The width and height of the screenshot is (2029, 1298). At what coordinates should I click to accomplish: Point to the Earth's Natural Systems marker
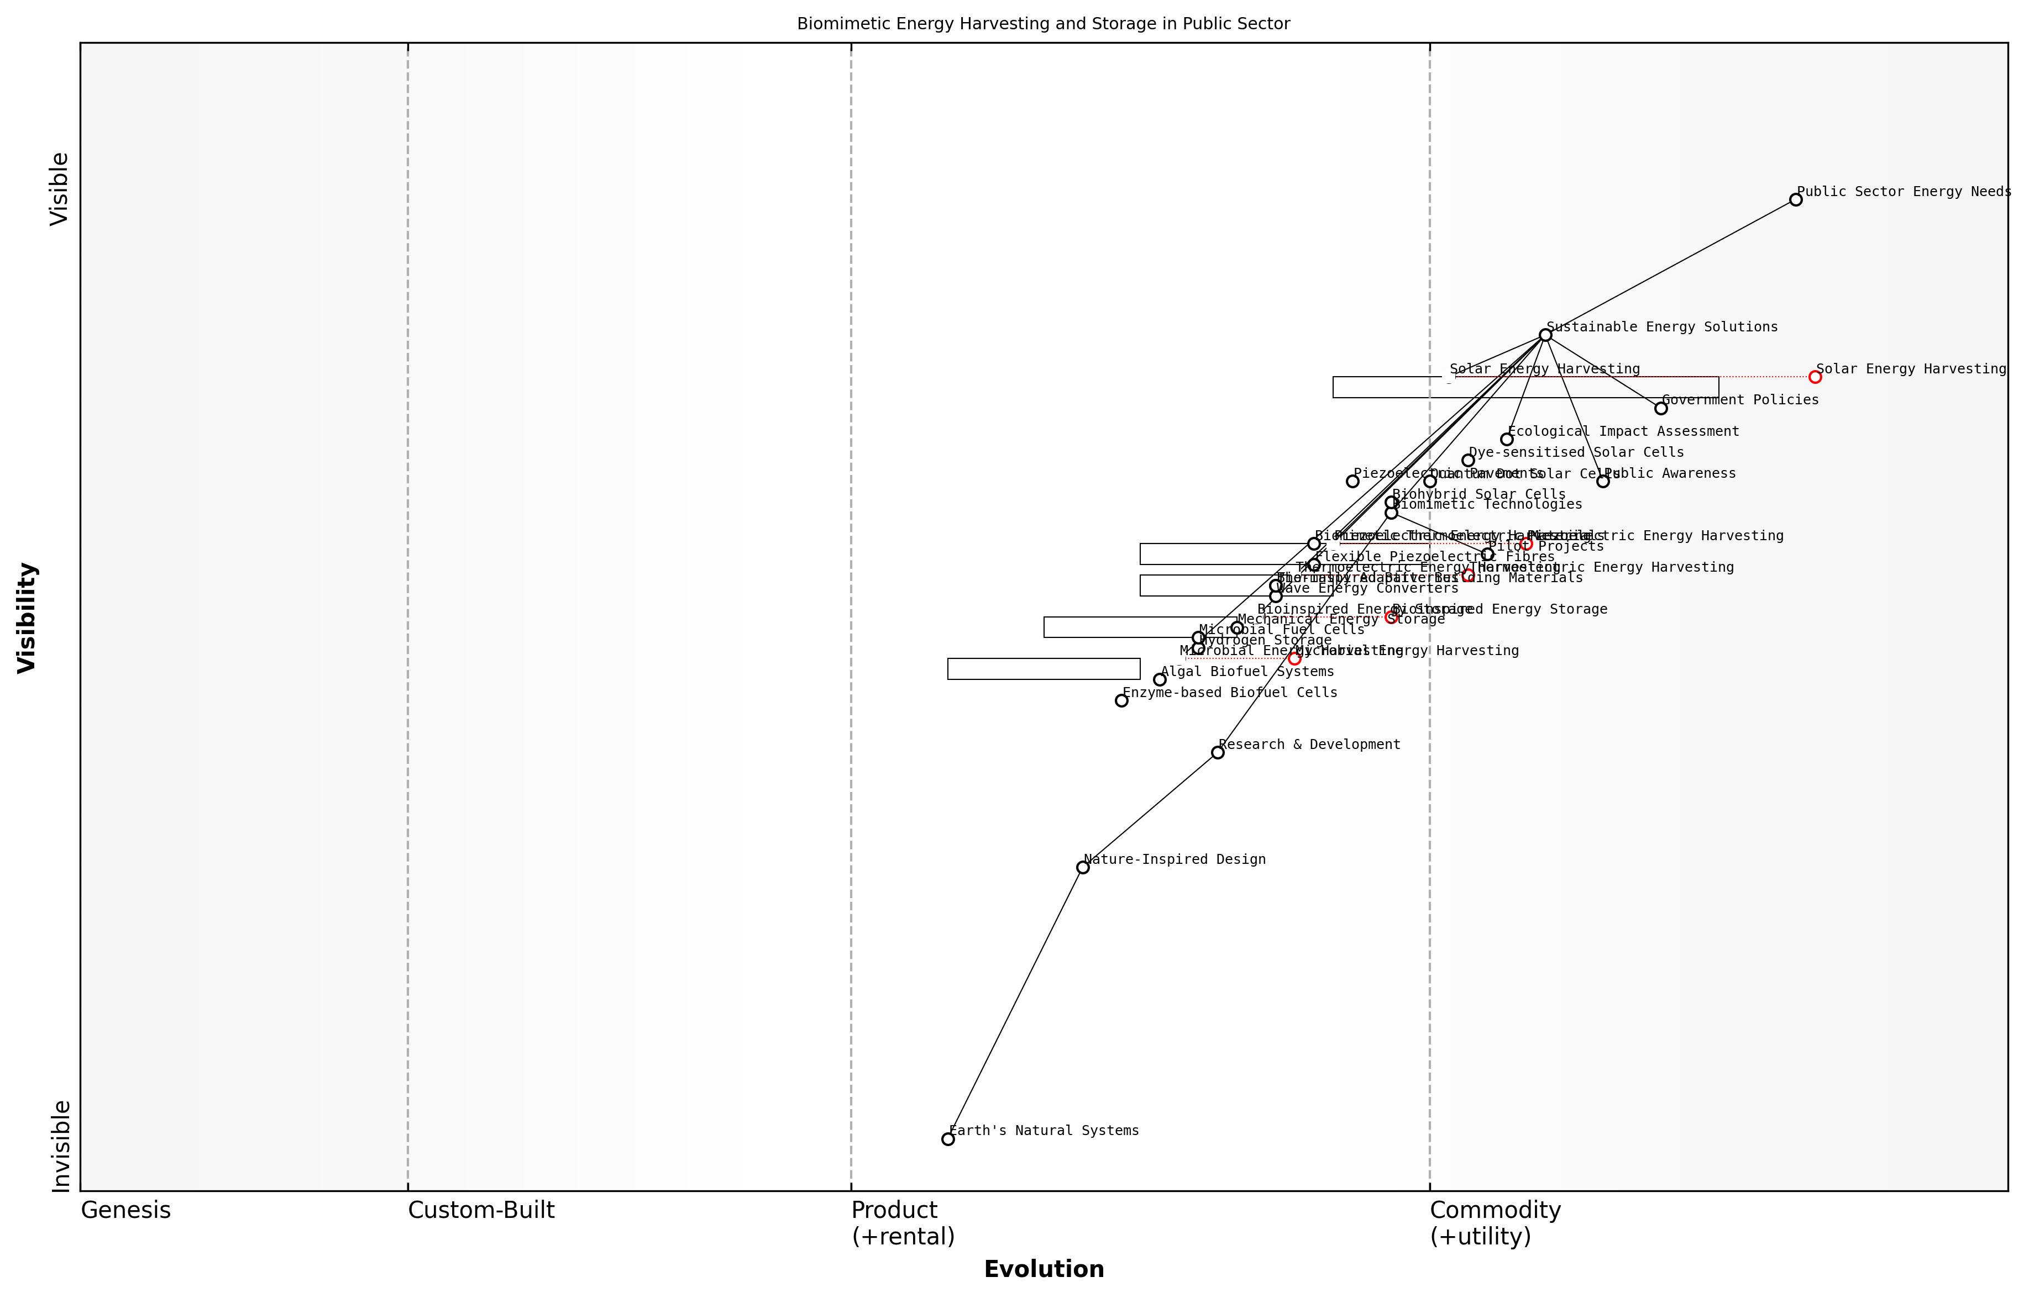pos(948,1139)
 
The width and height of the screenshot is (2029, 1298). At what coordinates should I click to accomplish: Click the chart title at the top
pos(1043,24)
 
